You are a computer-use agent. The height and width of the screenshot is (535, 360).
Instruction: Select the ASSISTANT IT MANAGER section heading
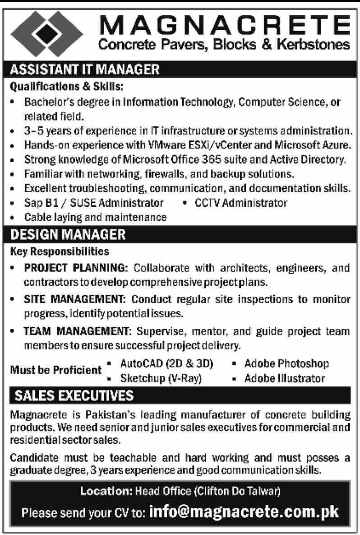(85, 70)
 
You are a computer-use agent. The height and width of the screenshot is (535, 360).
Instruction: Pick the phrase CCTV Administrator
(240, 203)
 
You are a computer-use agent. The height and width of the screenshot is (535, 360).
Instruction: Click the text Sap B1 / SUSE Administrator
(94, 203)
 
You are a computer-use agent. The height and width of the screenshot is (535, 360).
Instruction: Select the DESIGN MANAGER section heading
(68, 234)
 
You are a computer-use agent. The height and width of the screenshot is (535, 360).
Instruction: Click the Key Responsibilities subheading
(59, 249)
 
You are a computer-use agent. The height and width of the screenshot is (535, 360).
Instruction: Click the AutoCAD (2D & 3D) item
(166, 363)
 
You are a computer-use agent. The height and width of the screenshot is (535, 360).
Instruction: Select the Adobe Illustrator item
(284, 378)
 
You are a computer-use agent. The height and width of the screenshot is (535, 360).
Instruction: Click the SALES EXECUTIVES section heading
(74, 396)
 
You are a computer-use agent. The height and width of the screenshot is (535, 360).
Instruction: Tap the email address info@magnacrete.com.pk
(244, 512)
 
